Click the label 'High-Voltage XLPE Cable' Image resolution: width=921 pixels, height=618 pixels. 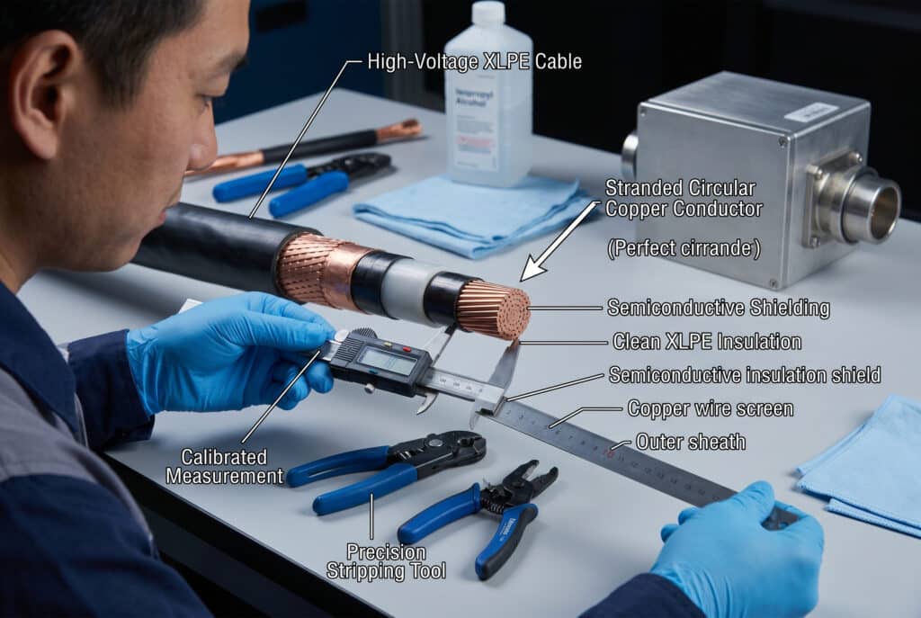point(474,62)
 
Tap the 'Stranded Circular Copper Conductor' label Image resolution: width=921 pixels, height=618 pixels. point(683,199)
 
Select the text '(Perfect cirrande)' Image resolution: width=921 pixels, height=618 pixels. point(684,249)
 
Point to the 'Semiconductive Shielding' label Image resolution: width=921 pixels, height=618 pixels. point(718,308)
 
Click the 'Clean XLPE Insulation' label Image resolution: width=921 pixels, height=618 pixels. point(706,342)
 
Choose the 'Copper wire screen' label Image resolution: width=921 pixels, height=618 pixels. point(710,409)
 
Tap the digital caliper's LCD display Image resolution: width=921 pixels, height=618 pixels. point(385,361)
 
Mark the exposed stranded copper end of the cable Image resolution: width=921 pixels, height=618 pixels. point(494,309)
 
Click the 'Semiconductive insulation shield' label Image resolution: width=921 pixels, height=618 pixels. point(744,374)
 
